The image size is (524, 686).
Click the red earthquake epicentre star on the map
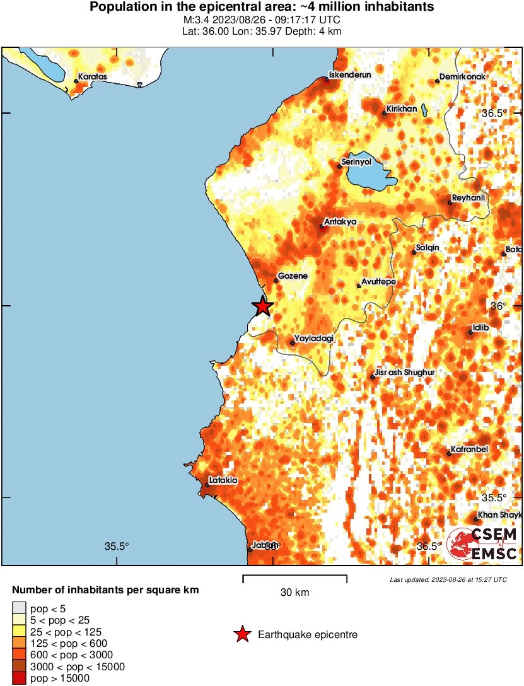pos(262,306)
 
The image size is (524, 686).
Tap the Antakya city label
pos(340,222)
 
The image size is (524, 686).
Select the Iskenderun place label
pos(351,74)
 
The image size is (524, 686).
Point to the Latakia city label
pos(223,480)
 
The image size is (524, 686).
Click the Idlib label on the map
pos(480,328)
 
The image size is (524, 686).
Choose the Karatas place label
pos(93,77)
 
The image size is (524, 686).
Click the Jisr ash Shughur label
pos(404,373)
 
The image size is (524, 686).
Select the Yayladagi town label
pos(313,339)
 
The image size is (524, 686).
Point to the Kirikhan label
pos(402,109)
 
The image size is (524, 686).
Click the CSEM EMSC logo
pos(483,544)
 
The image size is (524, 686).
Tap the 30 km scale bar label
pos(294,592)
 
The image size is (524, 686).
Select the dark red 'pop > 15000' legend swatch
pos(20,678)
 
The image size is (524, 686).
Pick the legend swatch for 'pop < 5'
pos(20,608)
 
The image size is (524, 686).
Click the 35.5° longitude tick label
pos(117,546)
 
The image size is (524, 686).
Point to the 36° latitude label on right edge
pos(499,306)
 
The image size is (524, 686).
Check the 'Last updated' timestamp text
pos(448,579)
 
